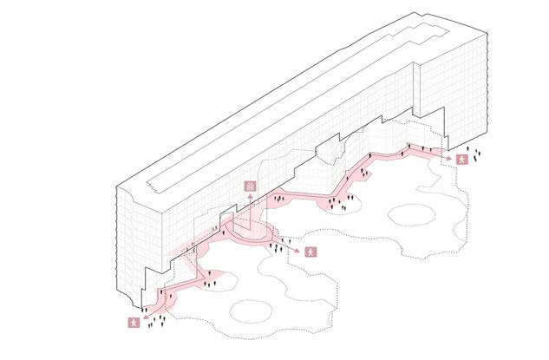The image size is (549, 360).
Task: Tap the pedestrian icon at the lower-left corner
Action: tap(133, 323)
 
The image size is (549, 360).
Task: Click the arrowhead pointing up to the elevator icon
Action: tap(250, 197)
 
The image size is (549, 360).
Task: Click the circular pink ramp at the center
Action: tap(250, 232)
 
